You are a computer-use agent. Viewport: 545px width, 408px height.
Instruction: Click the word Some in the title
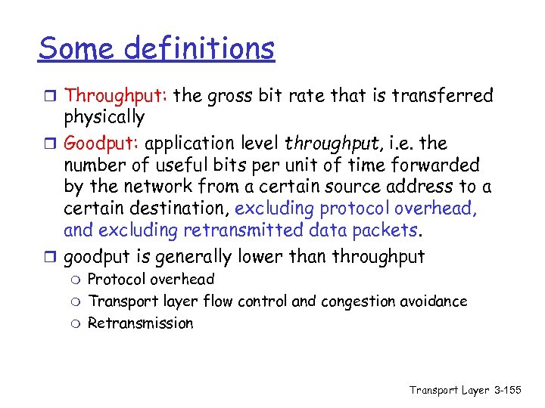click(x=76, y=49)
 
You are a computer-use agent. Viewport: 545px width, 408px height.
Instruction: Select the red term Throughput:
click(x=117, y=96)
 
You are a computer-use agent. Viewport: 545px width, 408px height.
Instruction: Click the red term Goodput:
click(x=103, y=144)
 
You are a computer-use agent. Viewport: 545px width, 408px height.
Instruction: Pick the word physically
click(x=104, y=118)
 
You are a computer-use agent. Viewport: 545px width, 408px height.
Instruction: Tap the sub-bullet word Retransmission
click(x=141, y=323)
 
